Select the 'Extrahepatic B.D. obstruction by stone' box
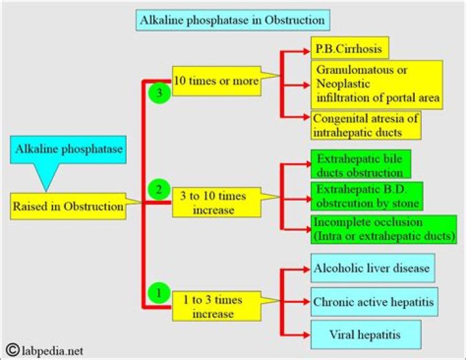(366, 196)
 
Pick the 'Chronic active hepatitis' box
(373, 302)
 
